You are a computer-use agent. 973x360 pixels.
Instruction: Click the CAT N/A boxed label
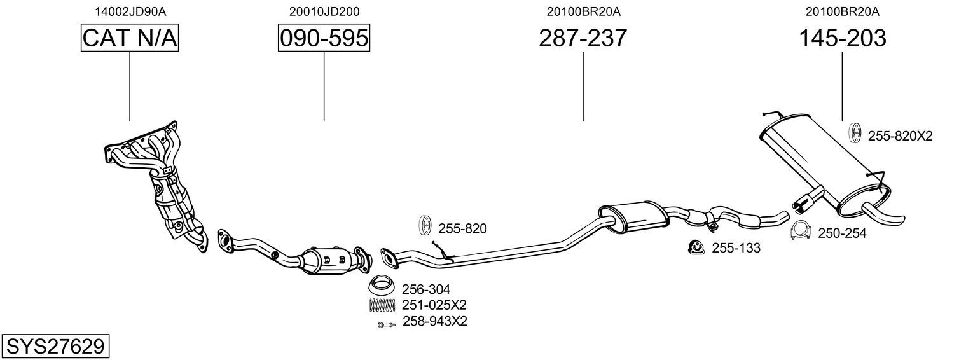[130, 38]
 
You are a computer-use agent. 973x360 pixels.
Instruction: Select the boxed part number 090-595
[324, 38]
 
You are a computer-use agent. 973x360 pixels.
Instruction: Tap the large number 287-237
[583, 38]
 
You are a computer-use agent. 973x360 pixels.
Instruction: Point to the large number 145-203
[842, 38]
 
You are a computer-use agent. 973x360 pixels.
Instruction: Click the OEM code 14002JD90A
[130, 11]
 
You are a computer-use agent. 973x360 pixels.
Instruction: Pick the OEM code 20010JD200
[324, 11]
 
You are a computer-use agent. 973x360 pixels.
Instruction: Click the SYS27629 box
[55, 347]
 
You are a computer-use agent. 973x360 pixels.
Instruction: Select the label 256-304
[425, 289]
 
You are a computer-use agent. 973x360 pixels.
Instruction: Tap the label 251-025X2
[434, 305]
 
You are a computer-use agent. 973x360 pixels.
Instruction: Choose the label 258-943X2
[435, 321]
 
